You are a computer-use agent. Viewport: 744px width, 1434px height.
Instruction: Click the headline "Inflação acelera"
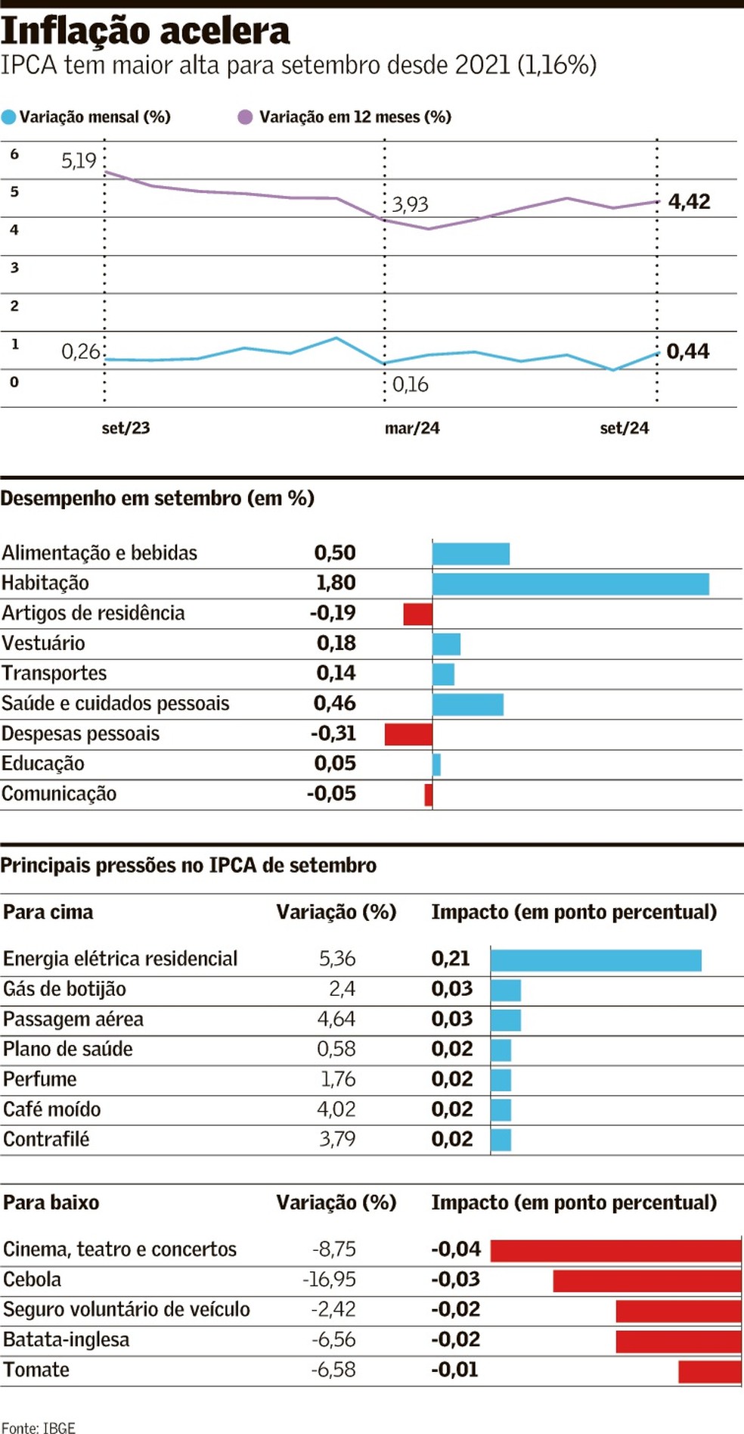pyautogui.click(x=145, y=31)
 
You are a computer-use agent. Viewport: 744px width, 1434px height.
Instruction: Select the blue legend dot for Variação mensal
pyautogui.click(x=9, y=117)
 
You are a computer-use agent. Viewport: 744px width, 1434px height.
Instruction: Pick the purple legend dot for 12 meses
pyautogui.click(x=245, y=117)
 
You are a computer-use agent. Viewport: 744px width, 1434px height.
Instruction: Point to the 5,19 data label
pyautogui.click(x=79, y=160)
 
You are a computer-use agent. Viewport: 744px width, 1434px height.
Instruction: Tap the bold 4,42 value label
pyautogui.click(x=689, y=201)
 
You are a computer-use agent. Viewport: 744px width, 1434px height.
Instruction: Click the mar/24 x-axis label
pyautogui.click(x=412, y=428)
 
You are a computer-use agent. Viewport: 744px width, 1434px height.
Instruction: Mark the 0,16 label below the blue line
pyautogui.click(x=411, y=384)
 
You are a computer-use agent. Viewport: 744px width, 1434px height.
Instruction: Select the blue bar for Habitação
pyautogui.click(x=570, y=583)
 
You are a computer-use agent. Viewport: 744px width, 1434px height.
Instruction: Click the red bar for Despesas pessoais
pyautogui.click(x=408, y=734)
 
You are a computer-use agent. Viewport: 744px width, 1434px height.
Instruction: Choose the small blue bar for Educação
pyautogui.click(x=436, y=764)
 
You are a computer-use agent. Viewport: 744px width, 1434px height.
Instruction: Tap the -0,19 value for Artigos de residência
pyautogui.click(x=333, y=613)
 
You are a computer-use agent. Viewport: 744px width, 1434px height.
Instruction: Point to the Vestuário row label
pyautogui.click(x=43, y=643)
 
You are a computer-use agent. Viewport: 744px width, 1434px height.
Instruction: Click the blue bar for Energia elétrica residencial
pyautogui.click(x=596, y=960)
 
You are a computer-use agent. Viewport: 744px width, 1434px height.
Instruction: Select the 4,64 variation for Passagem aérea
pyautogui.click(x=336, y=1019)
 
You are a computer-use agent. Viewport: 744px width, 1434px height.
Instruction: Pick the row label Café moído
pyautogui.click(x=52, y=1109)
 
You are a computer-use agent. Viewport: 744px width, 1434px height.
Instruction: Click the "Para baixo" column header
pyautogui.click(x=51, y=1202)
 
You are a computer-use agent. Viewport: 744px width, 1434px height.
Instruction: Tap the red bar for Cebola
pyautogui.click(x=647, y=1280)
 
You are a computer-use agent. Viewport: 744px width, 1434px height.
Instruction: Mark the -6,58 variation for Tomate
pyautogui.click(x=333, y=1370)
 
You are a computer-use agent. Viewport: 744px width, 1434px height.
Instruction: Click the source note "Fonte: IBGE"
pyautogui.click(x=39, y=1427)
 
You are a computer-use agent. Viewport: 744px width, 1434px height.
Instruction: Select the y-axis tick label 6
pyautogui.click(x=14, y=154)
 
